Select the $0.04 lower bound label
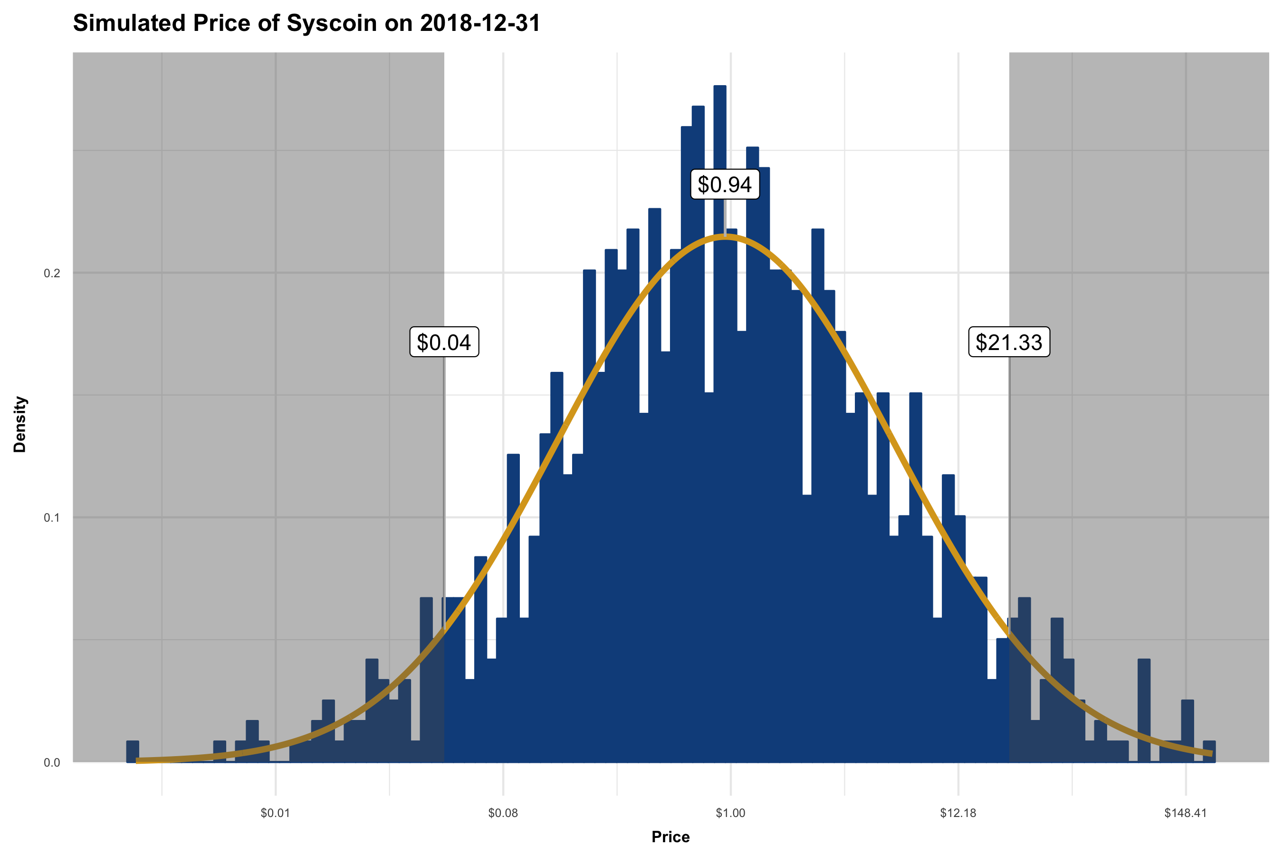point(444,342)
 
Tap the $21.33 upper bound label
point(1009,342)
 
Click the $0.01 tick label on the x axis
point(275,813)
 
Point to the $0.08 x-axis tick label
point(502,813)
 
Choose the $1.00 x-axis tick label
point(730,813)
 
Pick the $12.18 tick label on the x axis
point(958,813)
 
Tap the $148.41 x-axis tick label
point(1186,813)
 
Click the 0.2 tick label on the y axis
point(52,273)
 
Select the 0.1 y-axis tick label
point(52,517)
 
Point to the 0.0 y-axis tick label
point(52,763)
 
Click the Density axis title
point(20,424)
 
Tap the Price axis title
point(670,837)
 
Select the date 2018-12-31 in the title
point(480,23)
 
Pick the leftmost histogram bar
point(133,752)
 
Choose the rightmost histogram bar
point(1209,752)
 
